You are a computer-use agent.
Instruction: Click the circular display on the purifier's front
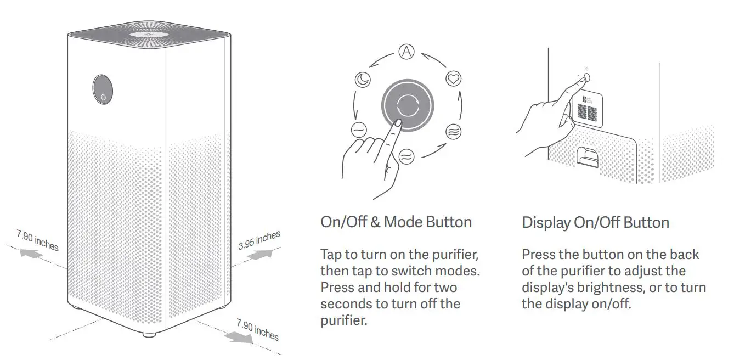tap(103, 89)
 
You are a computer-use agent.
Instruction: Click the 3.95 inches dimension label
tap(259, 240)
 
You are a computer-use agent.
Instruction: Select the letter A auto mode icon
tap(406, 52)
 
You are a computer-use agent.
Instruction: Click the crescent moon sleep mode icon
tap(363, 80)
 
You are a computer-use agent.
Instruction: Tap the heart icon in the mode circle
tap(453, 80)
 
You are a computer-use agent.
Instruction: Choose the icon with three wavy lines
tap(453, 132)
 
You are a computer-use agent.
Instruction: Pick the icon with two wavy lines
tap(406, 156)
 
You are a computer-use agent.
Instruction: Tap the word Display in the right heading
tap(546, 223)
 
